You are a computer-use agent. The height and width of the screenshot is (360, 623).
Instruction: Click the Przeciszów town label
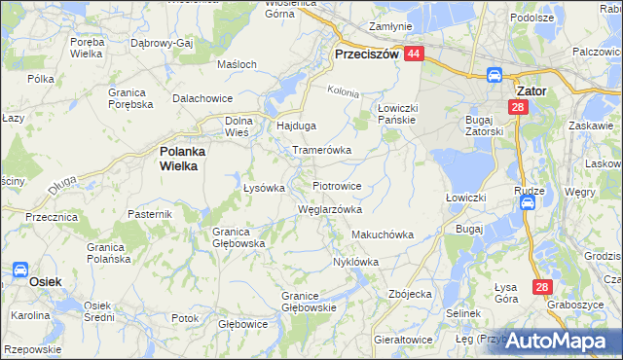(x=367, y=55)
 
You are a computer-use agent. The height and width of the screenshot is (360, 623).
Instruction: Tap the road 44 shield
(x=415, y=55)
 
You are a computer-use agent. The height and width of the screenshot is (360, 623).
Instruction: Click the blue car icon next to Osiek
(x=20, y=269)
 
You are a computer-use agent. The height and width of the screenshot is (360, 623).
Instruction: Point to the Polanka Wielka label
(x=178, y=159)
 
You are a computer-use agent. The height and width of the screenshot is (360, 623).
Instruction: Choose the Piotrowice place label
(x=337, y=185)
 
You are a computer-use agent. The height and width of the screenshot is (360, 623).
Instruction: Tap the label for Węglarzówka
(x=329, y=209)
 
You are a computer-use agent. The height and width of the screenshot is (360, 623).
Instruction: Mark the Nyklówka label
(x=355, y=262)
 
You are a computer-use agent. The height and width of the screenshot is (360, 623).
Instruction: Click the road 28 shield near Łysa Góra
(x=543, y=287)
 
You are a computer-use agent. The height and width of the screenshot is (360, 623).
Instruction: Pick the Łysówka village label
(x=263, y=188)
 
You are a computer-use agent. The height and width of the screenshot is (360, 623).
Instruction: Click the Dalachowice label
(x=202, y=98)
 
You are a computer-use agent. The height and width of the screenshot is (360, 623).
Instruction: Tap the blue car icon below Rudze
(x=527, y=202)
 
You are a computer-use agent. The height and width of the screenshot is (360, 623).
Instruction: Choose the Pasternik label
(x=150, y=212)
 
